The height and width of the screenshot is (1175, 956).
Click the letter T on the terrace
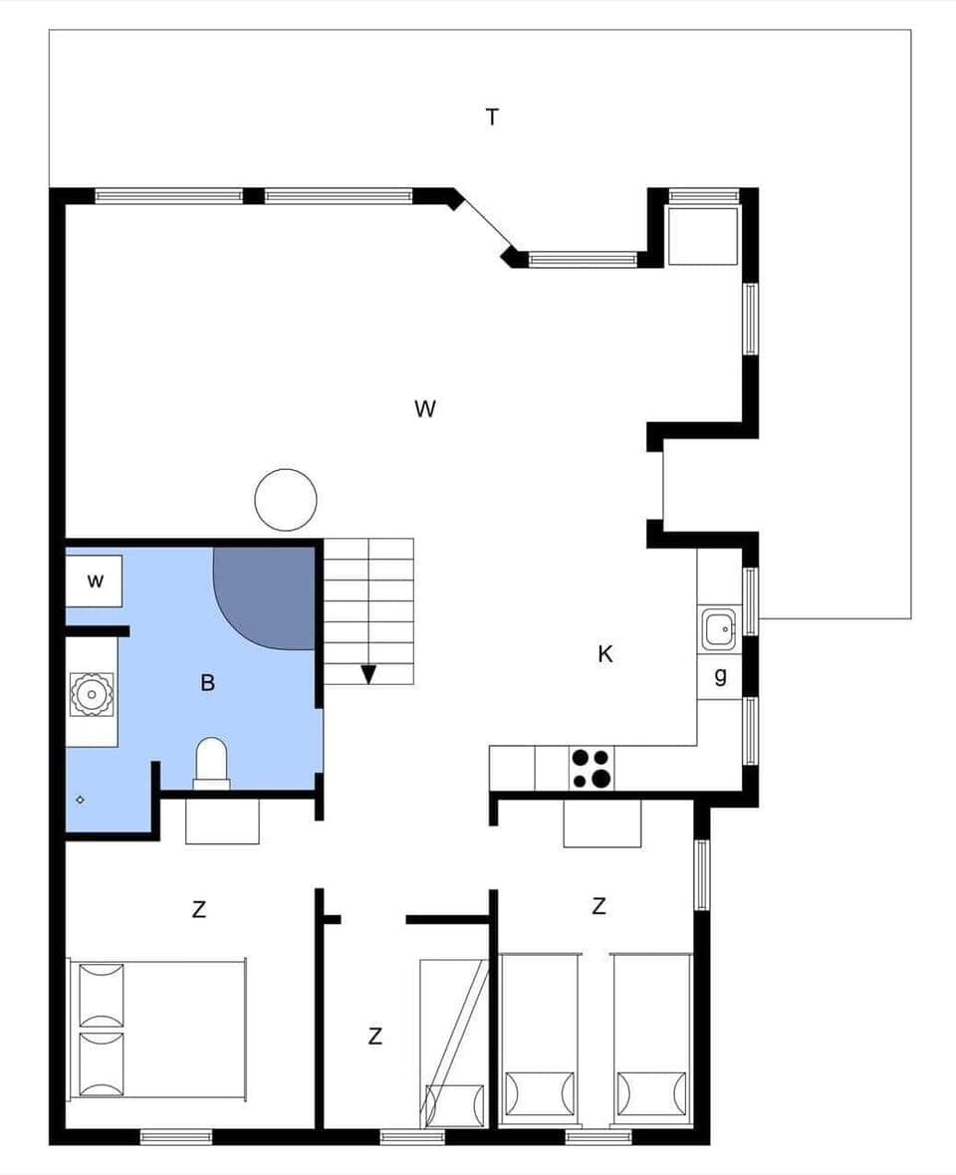coord(492,117)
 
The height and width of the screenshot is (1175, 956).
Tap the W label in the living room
coord(425,409)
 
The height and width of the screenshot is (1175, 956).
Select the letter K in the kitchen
coord(604,654)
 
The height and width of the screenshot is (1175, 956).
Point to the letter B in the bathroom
coord(207,683)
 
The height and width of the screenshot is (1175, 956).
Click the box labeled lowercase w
coord(95,582)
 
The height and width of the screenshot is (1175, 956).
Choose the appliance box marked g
coord(720,676)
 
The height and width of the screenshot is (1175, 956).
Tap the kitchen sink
coord(719,630)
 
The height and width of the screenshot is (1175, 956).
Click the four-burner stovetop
coord(592,769)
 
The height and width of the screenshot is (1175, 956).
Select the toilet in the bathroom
coord(211,763)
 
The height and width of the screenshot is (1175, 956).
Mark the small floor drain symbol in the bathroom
coord(81,799)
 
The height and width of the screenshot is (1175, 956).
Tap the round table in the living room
coord(286,500)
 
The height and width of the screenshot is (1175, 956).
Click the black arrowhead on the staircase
coord(368,674)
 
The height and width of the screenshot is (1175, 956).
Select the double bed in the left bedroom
coord(157,1030)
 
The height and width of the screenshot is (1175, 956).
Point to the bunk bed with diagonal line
coord(453,1043)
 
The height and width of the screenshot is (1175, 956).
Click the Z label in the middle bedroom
coord(374,1037)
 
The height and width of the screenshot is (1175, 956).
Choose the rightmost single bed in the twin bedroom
coord(651,1039)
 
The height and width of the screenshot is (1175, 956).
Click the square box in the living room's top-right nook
coord(702,236)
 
